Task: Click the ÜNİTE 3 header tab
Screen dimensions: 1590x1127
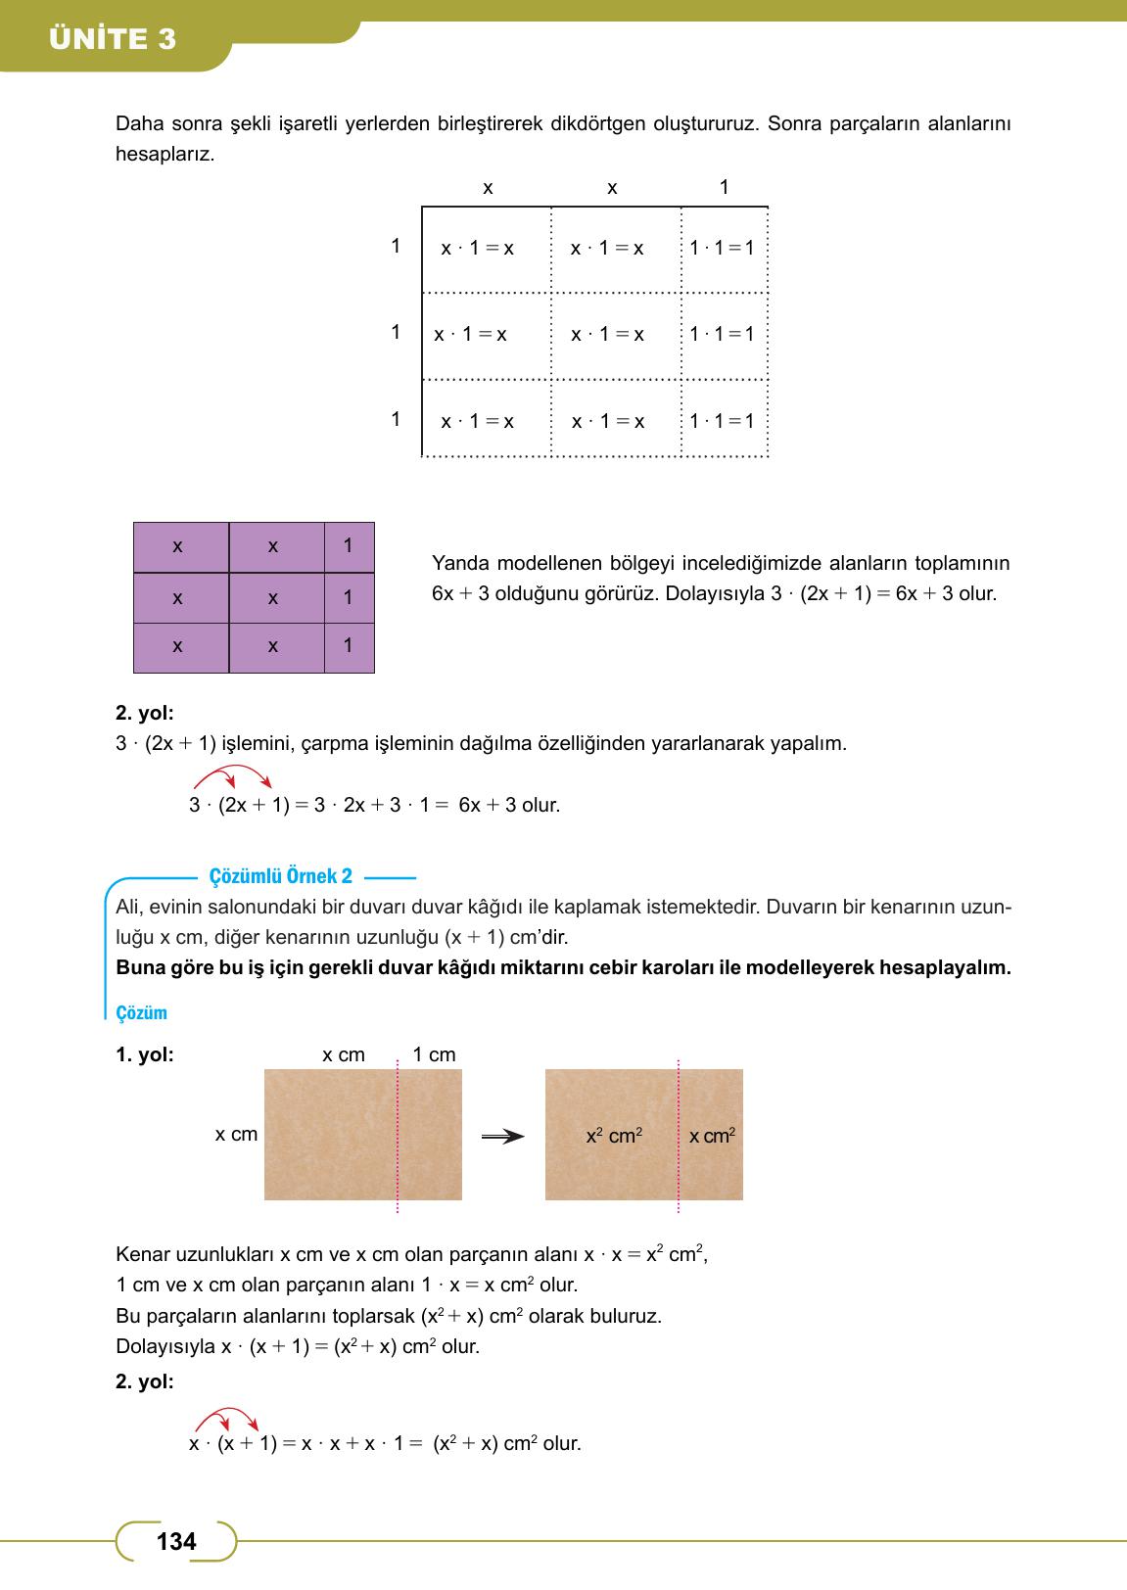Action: point(113,38)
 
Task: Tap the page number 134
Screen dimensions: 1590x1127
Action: point(176,1542)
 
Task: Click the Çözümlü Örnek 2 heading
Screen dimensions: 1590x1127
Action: point(281,877)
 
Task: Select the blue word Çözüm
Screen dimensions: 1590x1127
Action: point(141,1013)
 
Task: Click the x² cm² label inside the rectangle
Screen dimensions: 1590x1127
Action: point(614,1136)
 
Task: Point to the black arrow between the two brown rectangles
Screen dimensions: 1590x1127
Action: point(502,1137)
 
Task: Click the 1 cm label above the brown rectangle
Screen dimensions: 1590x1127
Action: point(434,1054)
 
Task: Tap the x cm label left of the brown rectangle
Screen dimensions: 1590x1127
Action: point(236,1134)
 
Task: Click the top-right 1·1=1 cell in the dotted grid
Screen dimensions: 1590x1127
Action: point(723,249)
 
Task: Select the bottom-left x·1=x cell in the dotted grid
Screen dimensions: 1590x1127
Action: point(478,422)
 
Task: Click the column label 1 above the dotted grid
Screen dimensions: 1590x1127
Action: point(724,187)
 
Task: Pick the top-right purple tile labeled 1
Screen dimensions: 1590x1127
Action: point(349,546)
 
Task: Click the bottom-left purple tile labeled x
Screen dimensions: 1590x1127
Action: point(178,647)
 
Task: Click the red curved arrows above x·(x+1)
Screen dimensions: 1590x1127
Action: point(227,1419)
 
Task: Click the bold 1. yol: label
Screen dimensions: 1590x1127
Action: point(144,1055)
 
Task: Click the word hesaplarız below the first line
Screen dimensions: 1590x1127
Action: point(164,155)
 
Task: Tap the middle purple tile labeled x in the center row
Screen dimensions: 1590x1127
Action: point(273,598)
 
